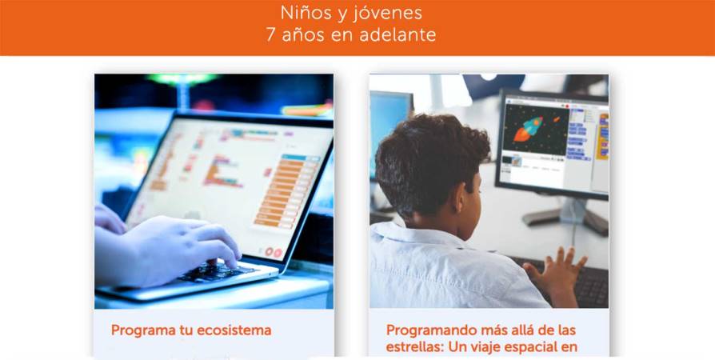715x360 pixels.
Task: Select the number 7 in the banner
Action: coord(271,35)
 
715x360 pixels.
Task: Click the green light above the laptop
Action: coord(183,79)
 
